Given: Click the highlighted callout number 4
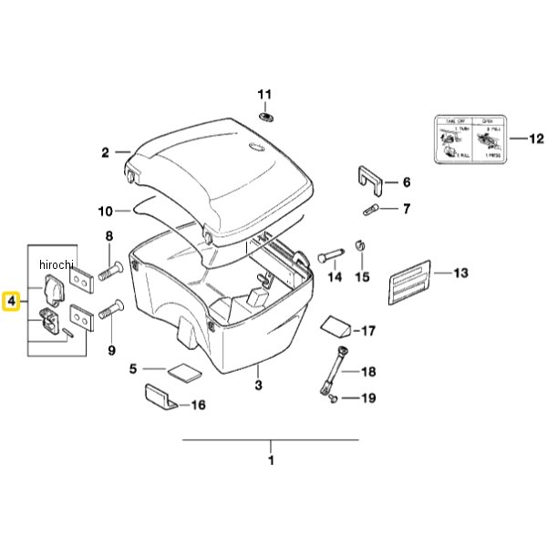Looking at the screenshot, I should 11,300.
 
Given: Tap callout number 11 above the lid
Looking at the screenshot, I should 263,95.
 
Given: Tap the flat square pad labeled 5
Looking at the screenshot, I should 180,372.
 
